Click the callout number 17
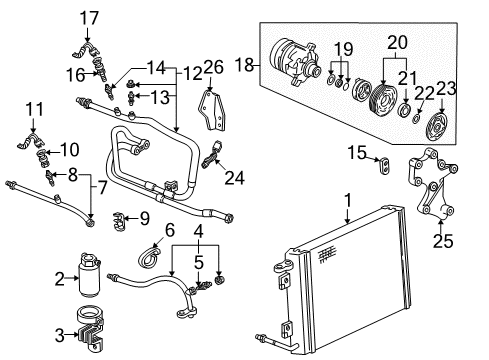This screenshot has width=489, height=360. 90,17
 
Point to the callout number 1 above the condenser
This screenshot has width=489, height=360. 347,201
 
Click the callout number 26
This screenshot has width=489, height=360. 212,68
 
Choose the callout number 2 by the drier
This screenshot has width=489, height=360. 59,279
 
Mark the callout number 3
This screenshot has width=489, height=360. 59,334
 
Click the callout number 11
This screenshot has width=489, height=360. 34,109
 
